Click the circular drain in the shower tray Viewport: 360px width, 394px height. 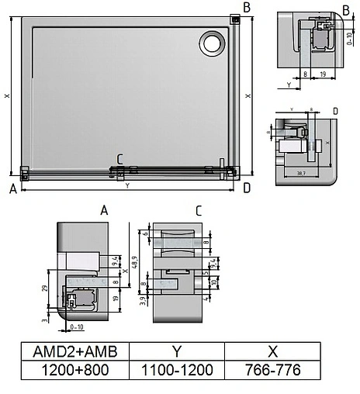click(x=211, y=43)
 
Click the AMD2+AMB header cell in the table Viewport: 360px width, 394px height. click(x=75, y=351)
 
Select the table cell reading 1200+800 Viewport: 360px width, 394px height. click(x=75, y=371)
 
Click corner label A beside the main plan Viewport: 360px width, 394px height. click(x=13, y=188)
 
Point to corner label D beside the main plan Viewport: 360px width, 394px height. click(x=247, y=188)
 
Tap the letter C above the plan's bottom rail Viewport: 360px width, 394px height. click(x=119, y=160)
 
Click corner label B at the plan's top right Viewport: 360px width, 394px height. click(x=246, y=8)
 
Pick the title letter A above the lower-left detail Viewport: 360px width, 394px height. click(x=104, y=210)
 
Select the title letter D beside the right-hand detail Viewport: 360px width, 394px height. click(x=334, y=112)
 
